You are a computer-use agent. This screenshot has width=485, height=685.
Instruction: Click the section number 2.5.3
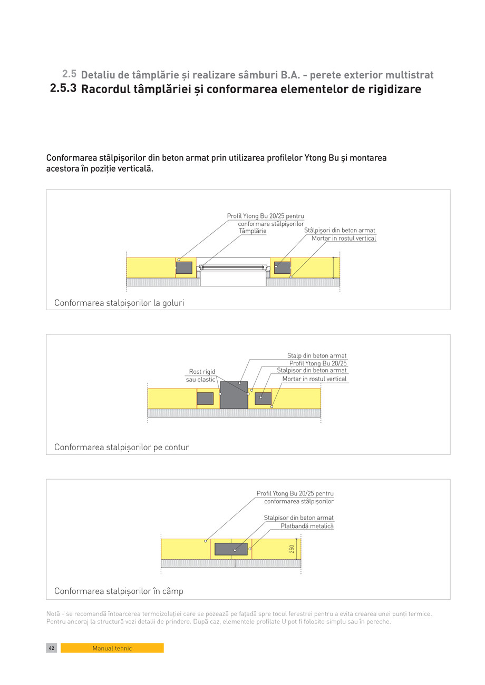coord(63,89)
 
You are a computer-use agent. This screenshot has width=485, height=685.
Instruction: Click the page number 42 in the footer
coord(52,648)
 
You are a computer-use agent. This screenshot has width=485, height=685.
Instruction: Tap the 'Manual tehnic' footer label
coord(112,648)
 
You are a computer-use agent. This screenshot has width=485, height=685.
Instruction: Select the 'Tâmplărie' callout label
coord(253,231)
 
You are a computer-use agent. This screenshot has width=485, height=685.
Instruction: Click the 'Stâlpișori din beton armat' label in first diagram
coord(339,231)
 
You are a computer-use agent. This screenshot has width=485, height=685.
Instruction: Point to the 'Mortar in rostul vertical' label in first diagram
coord(344,239)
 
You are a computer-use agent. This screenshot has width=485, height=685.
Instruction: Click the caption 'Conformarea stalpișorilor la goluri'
coord(119,303)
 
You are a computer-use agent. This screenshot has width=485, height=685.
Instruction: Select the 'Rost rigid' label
coord(202,372)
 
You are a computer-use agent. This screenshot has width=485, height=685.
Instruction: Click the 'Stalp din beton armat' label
coord(317,356)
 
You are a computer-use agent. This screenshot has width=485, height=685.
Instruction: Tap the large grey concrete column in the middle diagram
coord(234,395)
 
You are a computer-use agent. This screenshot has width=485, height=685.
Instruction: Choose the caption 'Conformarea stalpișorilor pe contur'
coord(121,448)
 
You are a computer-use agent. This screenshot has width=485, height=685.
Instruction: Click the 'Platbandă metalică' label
coord(307,526)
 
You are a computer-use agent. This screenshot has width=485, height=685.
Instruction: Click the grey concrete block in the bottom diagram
coord(231,549)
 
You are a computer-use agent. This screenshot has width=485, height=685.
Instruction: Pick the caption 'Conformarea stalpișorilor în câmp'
coord(119,591)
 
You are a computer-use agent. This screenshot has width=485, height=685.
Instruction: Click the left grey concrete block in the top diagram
coord(184,267)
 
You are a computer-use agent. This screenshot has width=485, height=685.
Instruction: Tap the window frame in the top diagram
coord(233,268)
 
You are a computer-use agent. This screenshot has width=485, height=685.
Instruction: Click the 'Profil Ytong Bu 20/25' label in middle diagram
coord(318,363)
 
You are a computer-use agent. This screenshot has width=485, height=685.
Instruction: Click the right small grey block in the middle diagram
coord(263,398)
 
